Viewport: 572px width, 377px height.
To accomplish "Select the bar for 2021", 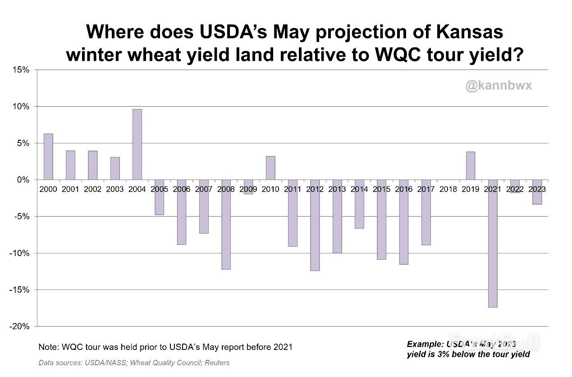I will [492, 244].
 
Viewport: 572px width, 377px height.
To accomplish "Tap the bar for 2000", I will [48, 156].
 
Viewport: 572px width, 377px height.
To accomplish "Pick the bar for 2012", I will [315, 225].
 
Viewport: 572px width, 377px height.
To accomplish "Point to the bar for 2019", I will [470, 166].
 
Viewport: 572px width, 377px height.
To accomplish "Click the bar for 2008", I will [226, 225].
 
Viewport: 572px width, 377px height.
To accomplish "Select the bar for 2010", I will [270, 168].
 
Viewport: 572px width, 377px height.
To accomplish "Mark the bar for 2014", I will [359, 204].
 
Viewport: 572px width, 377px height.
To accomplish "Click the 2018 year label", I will [448, 189].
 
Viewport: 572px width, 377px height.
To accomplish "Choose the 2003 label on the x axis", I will [115, 189].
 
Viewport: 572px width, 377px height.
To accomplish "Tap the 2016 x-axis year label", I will [403, 189].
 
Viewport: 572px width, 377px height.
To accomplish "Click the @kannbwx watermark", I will [499, 85].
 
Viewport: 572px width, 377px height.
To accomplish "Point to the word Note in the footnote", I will [48, 347].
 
